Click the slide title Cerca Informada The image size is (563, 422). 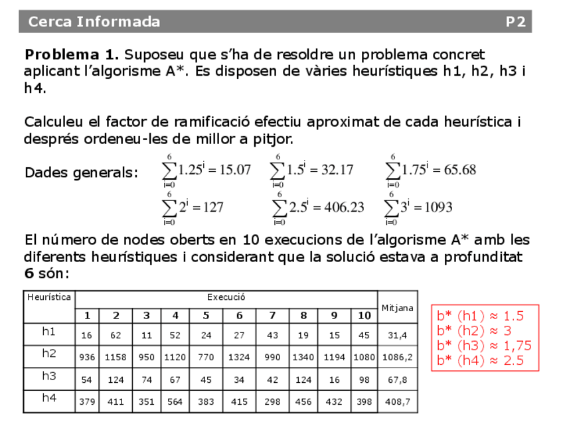94,22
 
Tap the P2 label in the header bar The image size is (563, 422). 515,22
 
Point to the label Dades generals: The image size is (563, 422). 81,173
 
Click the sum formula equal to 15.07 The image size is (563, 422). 206,171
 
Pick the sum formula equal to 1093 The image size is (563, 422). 418,207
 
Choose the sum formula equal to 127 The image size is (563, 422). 193,207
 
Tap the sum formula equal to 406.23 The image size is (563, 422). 318,207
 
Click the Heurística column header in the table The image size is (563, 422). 49,297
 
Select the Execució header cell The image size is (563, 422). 226,298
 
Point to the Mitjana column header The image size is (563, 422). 397,307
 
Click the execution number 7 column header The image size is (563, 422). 272,316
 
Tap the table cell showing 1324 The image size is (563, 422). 240,357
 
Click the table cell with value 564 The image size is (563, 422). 175,401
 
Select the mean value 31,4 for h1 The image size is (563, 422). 397,335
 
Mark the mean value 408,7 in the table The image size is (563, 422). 397,401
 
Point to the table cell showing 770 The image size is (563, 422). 206,357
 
